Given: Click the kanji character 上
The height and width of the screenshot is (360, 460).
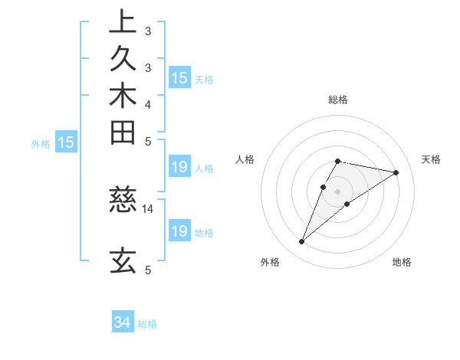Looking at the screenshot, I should point(123,22).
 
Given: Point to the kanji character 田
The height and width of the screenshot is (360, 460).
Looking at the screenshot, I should point(123,133).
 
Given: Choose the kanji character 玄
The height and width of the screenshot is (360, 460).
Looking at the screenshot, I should point(123,260).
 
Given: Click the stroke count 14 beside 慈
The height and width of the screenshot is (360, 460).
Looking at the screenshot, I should point(148,208).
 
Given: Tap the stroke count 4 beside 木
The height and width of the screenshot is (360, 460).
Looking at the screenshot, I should point(148,104).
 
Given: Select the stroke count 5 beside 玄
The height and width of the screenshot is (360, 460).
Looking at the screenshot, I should point(148,269).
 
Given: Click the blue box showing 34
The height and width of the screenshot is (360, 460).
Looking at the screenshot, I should point(123,323).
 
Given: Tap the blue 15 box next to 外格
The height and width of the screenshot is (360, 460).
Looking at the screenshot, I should point(67,142).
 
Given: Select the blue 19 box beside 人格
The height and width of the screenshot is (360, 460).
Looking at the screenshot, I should point(179,168).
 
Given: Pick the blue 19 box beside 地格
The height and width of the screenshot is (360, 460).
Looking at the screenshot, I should point(179,231).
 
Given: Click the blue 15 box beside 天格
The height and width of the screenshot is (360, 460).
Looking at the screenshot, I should point(179,78).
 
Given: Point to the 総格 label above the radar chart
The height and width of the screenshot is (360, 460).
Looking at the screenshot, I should point(338,100).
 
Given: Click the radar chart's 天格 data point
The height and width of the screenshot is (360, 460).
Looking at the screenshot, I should point(396,172).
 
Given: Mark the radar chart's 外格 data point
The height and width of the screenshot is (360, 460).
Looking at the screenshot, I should point(302,242).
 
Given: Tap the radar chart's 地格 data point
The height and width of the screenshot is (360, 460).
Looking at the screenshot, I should point(347,204).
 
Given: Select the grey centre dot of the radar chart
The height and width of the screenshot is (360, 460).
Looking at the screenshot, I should point(338,191).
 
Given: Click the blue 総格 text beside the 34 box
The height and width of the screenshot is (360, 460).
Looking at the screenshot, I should point(147,324).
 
